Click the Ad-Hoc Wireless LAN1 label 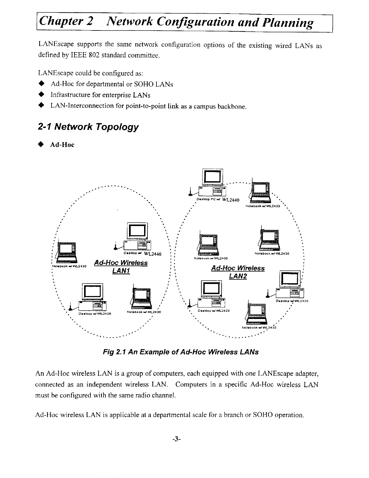(121, 267)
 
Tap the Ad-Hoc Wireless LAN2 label (238, 272)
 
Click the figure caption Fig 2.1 (181, 352)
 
